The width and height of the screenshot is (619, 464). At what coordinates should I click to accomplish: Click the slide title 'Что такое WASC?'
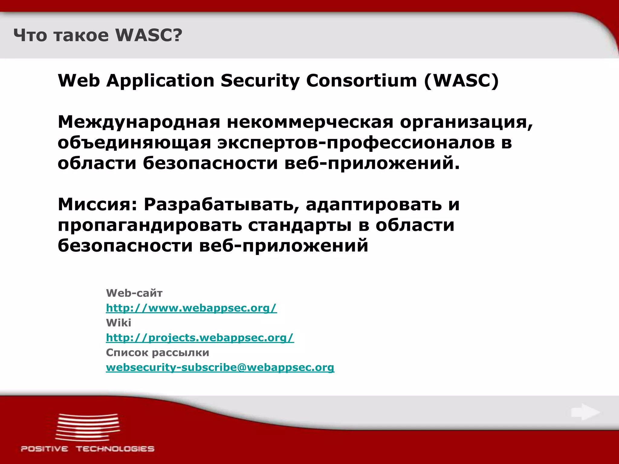pyautogui.click(x=98, y=35)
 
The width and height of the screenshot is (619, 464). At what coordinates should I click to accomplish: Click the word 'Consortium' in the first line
pyautogui.click(x=361, y=81)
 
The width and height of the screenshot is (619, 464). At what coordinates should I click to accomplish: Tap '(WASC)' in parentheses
pyautogui.click(x=461, y=81)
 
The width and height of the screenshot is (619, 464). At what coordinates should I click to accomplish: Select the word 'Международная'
pyautogui.click(x=139, y=122)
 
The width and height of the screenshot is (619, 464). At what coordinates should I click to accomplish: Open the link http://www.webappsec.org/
pyautogui.click(x=191, y=308)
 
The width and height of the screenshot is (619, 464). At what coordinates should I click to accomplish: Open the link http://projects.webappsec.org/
pyautogui.click(x=200, y=337)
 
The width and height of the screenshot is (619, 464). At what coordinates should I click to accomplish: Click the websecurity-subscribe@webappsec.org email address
pyautogui.click(x=220, y=367)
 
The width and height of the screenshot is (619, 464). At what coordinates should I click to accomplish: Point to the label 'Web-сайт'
pyautogui.click(x=134, y=293)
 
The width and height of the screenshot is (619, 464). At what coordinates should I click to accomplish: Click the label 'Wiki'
pyautogui.click(x=118, y=323)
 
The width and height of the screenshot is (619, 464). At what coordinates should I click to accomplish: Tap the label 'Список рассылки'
pyautogui.click(x=157, y=353)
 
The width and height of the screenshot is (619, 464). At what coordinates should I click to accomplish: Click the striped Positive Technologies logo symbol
pyautogui.click(x=88, y=427)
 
